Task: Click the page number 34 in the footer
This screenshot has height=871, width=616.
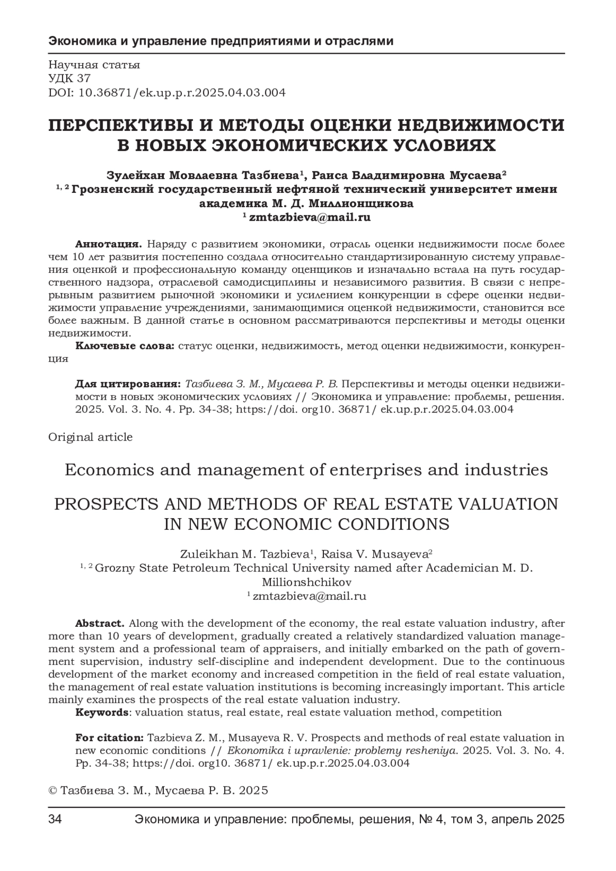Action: pyautogui.click(x=55, y=819)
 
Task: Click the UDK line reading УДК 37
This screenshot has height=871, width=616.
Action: pyautogui.click(x=69, y=78)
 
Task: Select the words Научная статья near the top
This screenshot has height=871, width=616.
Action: pyautogui.click(x=94, y=65)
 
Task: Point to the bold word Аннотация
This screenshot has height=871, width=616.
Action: pyautogui.click(x=109, y=243)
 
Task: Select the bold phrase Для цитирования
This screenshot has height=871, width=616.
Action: pyautogui.click(x=128, y=384)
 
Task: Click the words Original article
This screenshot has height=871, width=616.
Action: pyautogui.click(x=90, y=437)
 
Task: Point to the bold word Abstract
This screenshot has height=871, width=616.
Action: pyautogui.click(x=100, y=623)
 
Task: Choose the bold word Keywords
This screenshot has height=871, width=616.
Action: pyautogui.click(x=102, y=712)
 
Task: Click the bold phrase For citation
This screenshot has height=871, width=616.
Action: pyautogui.click(x=109, y=738)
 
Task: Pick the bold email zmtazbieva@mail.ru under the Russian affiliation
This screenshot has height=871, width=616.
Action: pyautogui.click(x=310, y=217)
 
